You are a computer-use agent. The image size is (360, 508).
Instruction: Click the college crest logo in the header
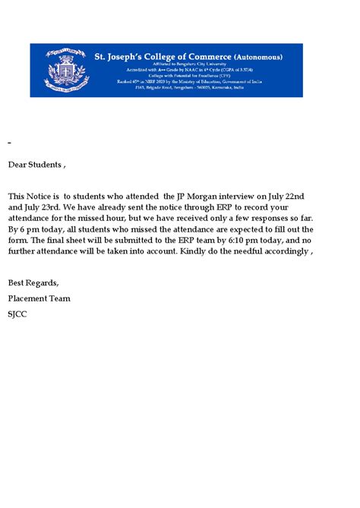[62, 71]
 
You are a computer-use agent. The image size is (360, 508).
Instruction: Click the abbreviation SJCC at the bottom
[17, 314]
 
